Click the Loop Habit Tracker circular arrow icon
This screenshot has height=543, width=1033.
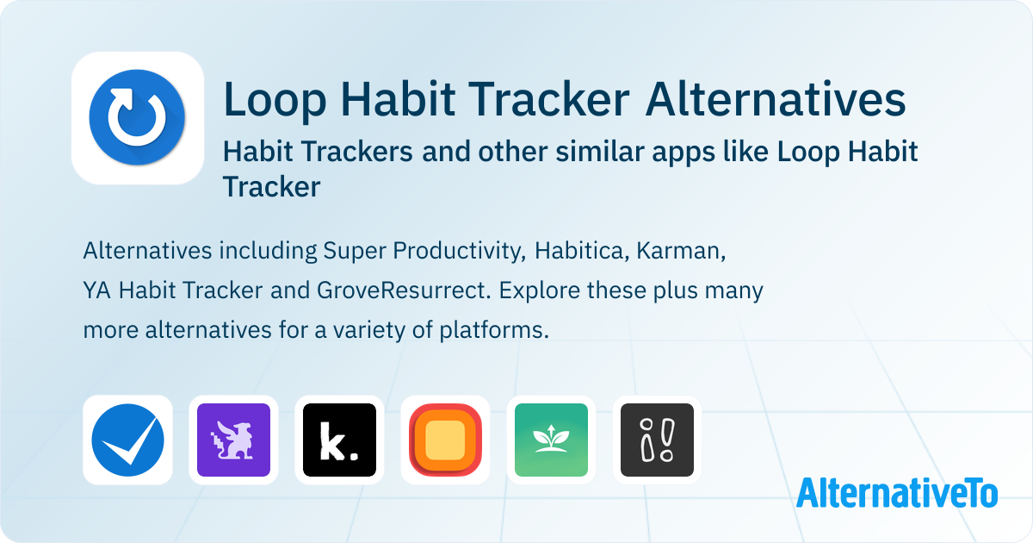point(138,118)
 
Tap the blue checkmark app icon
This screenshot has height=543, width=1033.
point(127,440)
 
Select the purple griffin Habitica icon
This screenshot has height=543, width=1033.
point(233,440)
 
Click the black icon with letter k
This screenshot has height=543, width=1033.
point(339,440)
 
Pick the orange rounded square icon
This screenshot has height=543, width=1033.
point(446,440)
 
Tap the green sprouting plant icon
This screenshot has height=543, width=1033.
point(551,440)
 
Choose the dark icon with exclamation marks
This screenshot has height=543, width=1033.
point(657,440)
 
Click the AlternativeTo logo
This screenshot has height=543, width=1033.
point(897,493)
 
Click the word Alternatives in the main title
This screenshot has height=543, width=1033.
point(776,99)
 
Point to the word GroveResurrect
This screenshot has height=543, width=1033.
point(404,290)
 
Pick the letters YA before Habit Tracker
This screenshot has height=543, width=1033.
point(96,291)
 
